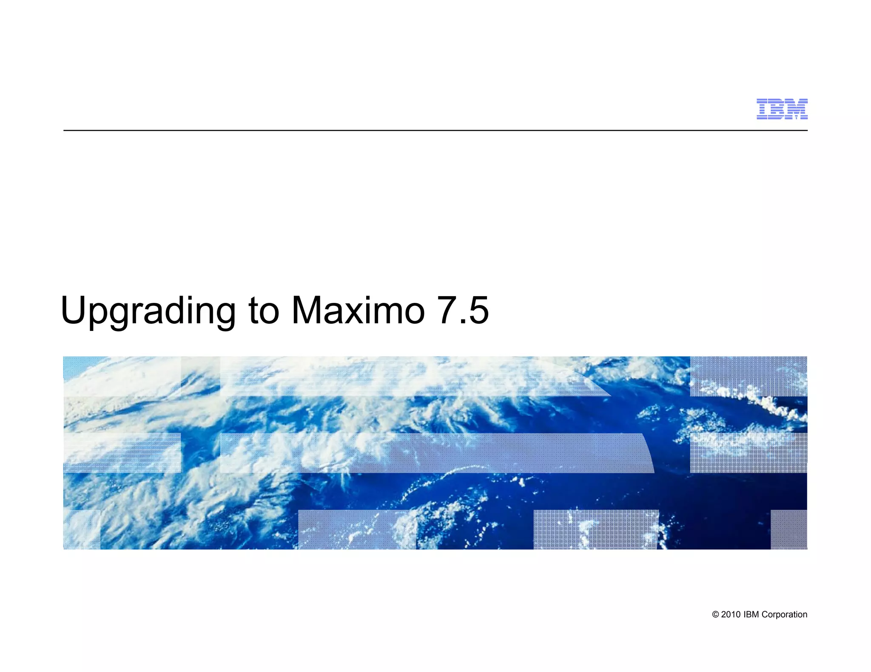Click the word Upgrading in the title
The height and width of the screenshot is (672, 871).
[x=148, y=311]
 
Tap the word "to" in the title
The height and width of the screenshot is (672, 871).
[x=264, y=311]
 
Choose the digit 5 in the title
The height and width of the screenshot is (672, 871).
[x=478, y=310]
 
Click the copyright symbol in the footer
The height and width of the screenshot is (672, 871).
[x=715, y=615]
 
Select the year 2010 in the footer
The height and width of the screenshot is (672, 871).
[x=731, y=615]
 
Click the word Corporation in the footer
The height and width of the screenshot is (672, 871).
[x=784, y=615]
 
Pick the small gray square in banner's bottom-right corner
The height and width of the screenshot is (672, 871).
[x=788, y=529]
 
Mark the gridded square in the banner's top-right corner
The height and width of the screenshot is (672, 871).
[x=748, y=376]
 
